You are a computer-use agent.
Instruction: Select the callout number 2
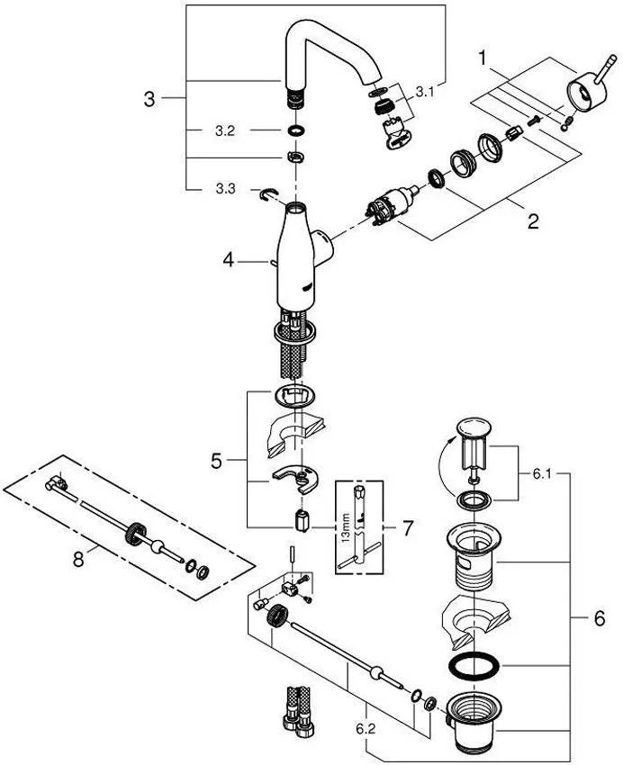coord(533,220)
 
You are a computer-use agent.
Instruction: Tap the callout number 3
coord(150,98)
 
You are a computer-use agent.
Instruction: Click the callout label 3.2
coord(224,130)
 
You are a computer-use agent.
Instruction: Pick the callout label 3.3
coord(224,188)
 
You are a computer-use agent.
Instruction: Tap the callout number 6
coord(599,619)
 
